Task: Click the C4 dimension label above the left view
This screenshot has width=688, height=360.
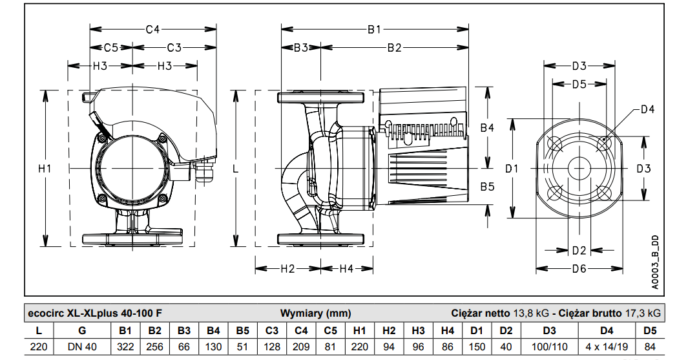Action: [x=152, y=29]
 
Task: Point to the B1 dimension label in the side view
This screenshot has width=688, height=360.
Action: [x=375, y=29]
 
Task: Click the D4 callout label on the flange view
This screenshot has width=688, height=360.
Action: [x=647, y=109]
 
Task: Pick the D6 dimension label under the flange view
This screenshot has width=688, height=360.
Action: [x=579, y=268]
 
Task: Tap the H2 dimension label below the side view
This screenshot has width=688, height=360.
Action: [x=287, y=268]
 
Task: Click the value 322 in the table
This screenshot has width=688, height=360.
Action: [x=126, y=346]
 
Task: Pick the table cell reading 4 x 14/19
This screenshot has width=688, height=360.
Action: [x=607, y=346]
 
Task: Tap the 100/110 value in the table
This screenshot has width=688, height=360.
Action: [x=548, y=346]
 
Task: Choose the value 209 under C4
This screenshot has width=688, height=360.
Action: [x=301, y=346]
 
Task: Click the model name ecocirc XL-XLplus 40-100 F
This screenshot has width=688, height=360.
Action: [x=95, y=313]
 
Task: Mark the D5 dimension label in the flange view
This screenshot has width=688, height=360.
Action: [x=579, y=84]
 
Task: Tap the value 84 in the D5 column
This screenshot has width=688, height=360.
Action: [x=650, y=346]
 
